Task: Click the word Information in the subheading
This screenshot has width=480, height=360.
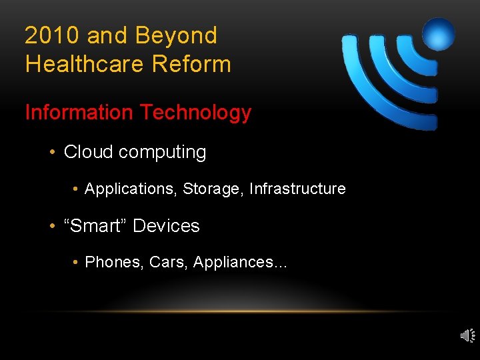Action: click(79, 113)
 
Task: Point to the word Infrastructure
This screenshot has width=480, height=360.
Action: click(297, 189)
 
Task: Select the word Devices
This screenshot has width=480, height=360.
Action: click(166, 226)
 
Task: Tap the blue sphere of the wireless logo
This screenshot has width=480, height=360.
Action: click(438, 34)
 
